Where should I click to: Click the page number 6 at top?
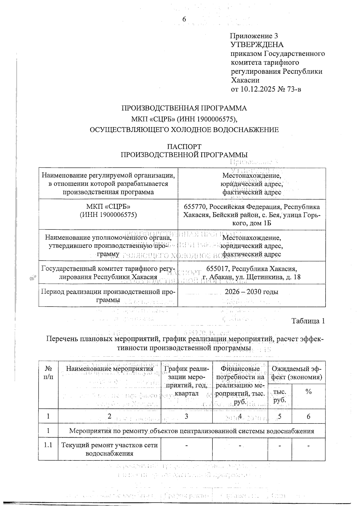pyautogui.click(x=184, y=19)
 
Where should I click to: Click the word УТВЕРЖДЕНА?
pyautogui.click(x=256, y=45)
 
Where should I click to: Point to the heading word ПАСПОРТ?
pyautogui.click(x=184, y=147)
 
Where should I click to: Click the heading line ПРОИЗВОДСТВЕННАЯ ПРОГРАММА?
pyautogui.click(x=184, y=108)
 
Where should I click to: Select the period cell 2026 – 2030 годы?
pyautogui.click(x=251, y=292)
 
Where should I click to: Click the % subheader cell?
pyautogui.click(x=308, y=392)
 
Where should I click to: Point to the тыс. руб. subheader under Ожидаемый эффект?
pyautogui.click(x=280, y=396)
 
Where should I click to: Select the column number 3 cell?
pyautogui.click(x=187, y=416)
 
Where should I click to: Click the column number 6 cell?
pyautogui.click(x=308, y=416)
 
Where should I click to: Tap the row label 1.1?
pyautogui.click(x=48, y=445)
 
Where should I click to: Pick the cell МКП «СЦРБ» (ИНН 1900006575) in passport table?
pyautogui.click(x=108, y=211)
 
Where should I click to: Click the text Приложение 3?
pyautogui.click(x=254, y=36)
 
